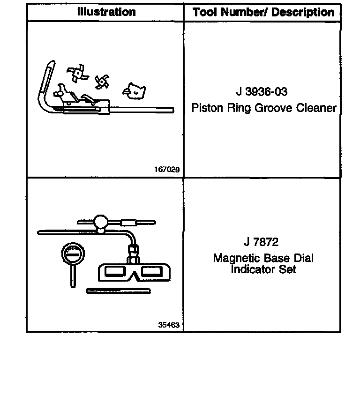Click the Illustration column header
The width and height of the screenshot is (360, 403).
(106, 12)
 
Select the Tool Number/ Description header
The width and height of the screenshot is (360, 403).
(263, 12)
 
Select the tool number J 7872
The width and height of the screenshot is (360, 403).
(261, 242)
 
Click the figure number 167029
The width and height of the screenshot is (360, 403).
(167, 170)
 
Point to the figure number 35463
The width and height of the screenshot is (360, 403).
(169, 324)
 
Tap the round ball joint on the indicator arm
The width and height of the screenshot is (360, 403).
(101, 221)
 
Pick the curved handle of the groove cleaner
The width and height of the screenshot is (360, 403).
(44, 84)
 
